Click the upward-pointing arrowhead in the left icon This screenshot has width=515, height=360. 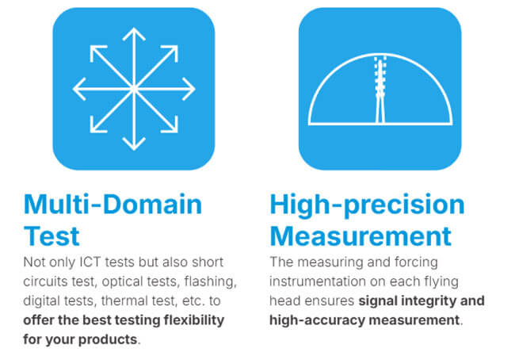(x=134, y=33)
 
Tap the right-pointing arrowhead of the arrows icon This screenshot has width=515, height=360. (x=189, y=89)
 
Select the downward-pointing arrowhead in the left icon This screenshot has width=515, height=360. (x=134, y=144)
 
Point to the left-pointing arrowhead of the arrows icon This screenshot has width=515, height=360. (x=78, y=89)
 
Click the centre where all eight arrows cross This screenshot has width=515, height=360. (x=134, y=89)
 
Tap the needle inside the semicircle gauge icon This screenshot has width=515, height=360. (x=380, y=90)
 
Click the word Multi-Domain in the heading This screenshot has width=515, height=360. (x=113, y=204)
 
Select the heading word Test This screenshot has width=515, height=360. (x=51, y=236)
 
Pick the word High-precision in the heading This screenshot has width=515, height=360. (x=367, y=205)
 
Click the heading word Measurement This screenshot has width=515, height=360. (x=360, y=236)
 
